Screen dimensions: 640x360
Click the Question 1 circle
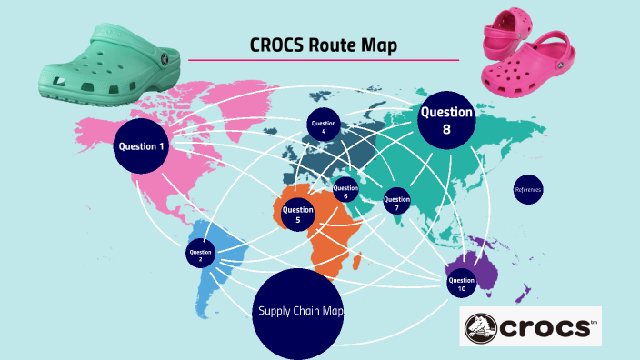click(x=141, y=145)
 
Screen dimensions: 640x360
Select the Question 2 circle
click(x=200, y=254)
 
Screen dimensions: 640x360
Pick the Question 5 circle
click(x=297, y=215)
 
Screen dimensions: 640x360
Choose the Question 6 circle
click(x=345, y=193)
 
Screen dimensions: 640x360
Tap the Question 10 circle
click(x=461, y=282)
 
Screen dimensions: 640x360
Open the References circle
click(x=527, y=190)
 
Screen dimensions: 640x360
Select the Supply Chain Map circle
click(x=300, y=312)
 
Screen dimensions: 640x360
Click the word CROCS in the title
click(x=277, y=45)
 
